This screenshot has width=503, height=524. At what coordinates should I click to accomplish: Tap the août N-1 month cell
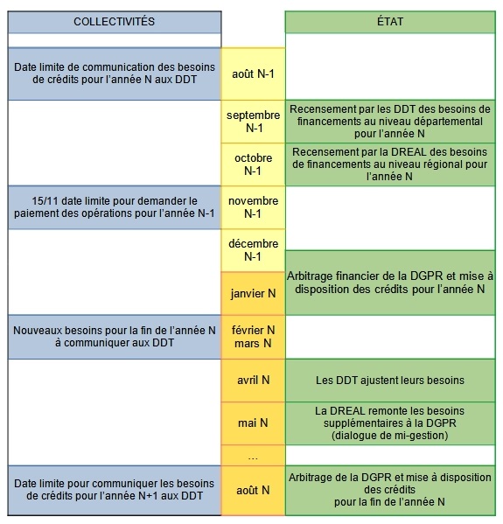tap(254, 73)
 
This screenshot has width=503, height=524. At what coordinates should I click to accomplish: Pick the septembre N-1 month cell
tap(254, 121)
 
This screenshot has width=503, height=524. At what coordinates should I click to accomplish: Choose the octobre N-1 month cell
tap(254, 164)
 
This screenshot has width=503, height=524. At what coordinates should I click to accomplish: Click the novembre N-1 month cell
tap(254, 206)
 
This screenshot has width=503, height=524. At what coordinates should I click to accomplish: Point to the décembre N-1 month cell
tap(254, 249)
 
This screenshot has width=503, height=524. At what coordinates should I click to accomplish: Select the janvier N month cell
tap(254, 293)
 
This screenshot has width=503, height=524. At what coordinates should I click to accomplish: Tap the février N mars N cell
tap(254, 337)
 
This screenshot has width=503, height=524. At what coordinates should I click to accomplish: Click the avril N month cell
tap(254, 381)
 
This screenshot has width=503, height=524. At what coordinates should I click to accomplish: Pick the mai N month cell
tap(254, 423)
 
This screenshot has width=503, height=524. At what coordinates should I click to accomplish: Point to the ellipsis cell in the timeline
tap(254, 456)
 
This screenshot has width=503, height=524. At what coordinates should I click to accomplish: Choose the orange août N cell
tap(254, 492)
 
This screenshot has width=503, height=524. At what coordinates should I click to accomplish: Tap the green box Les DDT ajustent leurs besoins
tap(389, 381)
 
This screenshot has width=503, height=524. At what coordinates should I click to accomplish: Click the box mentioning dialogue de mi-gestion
tap(389, 423)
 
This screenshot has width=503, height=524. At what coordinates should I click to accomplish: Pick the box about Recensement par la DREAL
tap(389, 164)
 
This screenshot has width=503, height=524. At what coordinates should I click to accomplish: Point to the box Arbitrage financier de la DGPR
tap(389, 283)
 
